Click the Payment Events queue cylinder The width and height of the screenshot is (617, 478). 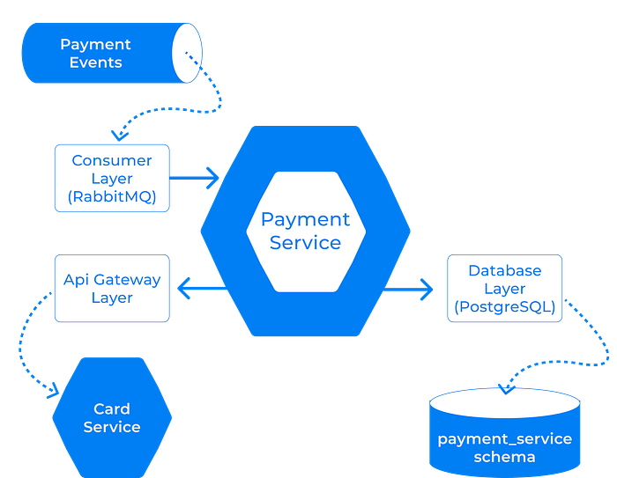click(112, 53)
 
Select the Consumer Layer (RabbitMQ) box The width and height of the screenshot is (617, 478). click(112, 178)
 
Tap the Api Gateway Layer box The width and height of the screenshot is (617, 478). click(112, 288)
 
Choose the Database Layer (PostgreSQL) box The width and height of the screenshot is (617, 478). click(504, 288)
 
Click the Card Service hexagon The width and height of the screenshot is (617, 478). click(112, 417)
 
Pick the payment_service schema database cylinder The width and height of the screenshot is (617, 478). click(504, 432)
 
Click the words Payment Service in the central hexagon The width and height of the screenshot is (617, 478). click(305, 232)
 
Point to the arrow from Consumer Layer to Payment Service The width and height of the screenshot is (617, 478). click(194, 178)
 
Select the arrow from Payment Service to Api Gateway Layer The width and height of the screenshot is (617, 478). click(202, 288)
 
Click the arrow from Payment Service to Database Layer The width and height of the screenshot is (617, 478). click(408, 290)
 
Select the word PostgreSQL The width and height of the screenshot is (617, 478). click(504, 306)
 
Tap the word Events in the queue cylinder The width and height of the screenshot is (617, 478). click(95, 63)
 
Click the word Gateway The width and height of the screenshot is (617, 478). click(128, 279)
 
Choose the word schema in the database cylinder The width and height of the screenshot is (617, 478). click(504, 457)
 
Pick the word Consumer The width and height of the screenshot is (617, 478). click(112, 160)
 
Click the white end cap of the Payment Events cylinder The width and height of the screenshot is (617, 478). click(187, 53)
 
